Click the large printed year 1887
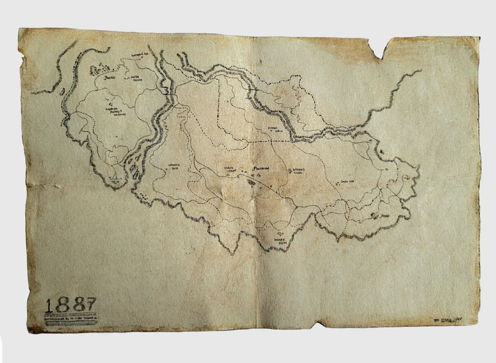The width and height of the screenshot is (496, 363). point(70,304)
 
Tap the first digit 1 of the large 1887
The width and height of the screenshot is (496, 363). point(51,304)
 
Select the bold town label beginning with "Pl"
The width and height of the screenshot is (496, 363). point(251,168)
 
